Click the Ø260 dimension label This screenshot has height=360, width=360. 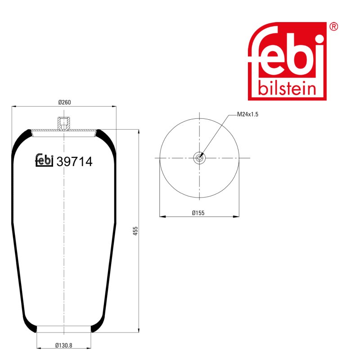(x=64, y=102)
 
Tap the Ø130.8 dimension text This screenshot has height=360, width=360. (x=63, y=345)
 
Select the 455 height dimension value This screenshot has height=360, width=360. (x=135, y=231)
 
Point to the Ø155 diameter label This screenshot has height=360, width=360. (x=198, y=213)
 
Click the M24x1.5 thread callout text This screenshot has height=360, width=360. (x=247, y=114)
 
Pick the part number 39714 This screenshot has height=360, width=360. (x=74, y=162)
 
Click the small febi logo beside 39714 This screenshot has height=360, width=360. (x=44, y=160)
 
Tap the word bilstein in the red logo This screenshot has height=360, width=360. (x=287, y=88)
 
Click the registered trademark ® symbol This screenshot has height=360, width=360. (x=333, y=27)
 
